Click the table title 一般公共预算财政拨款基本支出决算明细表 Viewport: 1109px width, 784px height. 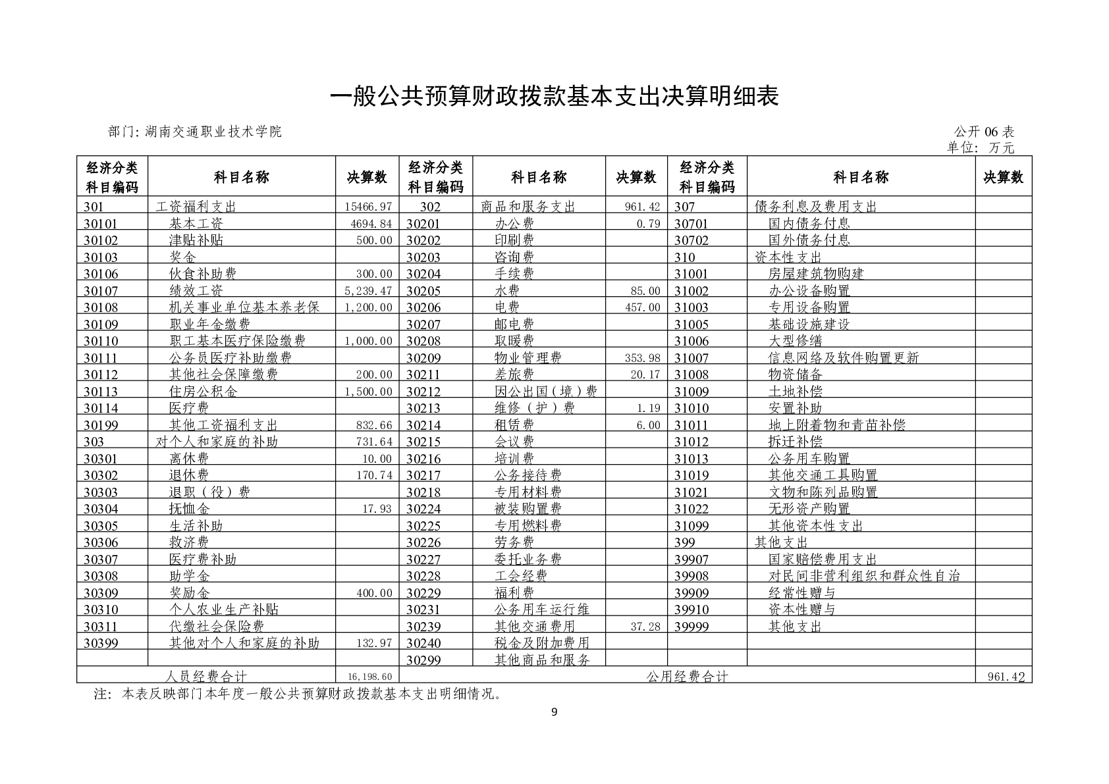coord(554,97)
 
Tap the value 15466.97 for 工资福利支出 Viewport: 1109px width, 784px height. coord(368,207)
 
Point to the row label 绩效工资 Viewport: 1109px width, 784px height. coord(196,291)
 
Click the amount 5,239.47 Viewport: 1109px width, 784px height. coord(368,291)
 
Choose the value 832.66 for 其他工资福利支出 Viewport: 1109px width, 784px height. coord(373,425)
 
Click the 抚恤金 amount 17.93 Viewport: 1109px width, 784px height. coord(377,509)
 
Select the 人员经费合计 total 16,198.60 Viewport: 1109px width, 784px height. coord(368,677)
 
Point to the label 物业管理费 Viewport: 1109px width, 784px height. coord(527,358)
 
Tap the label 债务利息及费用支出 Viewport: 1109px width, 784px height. coord(815,207)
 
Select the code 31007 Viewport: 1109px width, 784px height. coord(691,358)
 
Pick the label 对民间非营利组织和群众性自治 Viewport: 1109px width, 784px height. coord(864,576)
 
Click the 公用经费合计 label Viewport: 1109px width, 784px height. coord(687,677)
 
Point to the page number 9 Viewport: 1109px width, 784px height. coord(554,711)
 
